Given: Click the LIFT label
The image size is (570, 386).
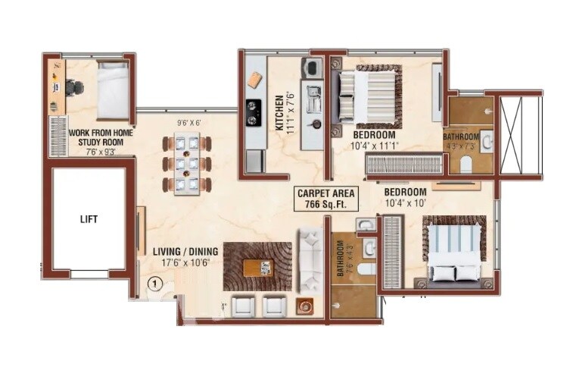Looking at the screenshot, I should point(89,219).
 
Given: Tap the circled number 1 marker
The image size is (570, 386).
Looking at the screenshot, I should point(154,284).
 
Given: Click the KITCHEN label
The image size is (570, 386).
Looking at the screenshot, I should point(279,113).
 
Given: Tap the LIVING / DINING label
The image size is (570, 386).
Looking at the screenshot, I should point(185,252).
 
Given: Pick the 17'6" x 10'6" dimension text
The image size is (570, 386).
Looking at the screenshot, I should point(185,263).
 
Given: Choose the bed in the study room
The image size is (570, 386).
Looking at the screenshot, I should point(113,90).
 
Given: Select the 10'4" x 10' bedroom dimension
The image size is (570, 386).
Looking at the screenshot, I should point(405,202).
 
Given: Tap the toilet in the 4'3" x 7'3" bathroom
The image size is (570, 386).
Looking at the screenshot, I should point(466,165).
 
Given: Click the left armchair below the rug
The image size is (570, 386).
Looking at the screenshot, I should point(244,306).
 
